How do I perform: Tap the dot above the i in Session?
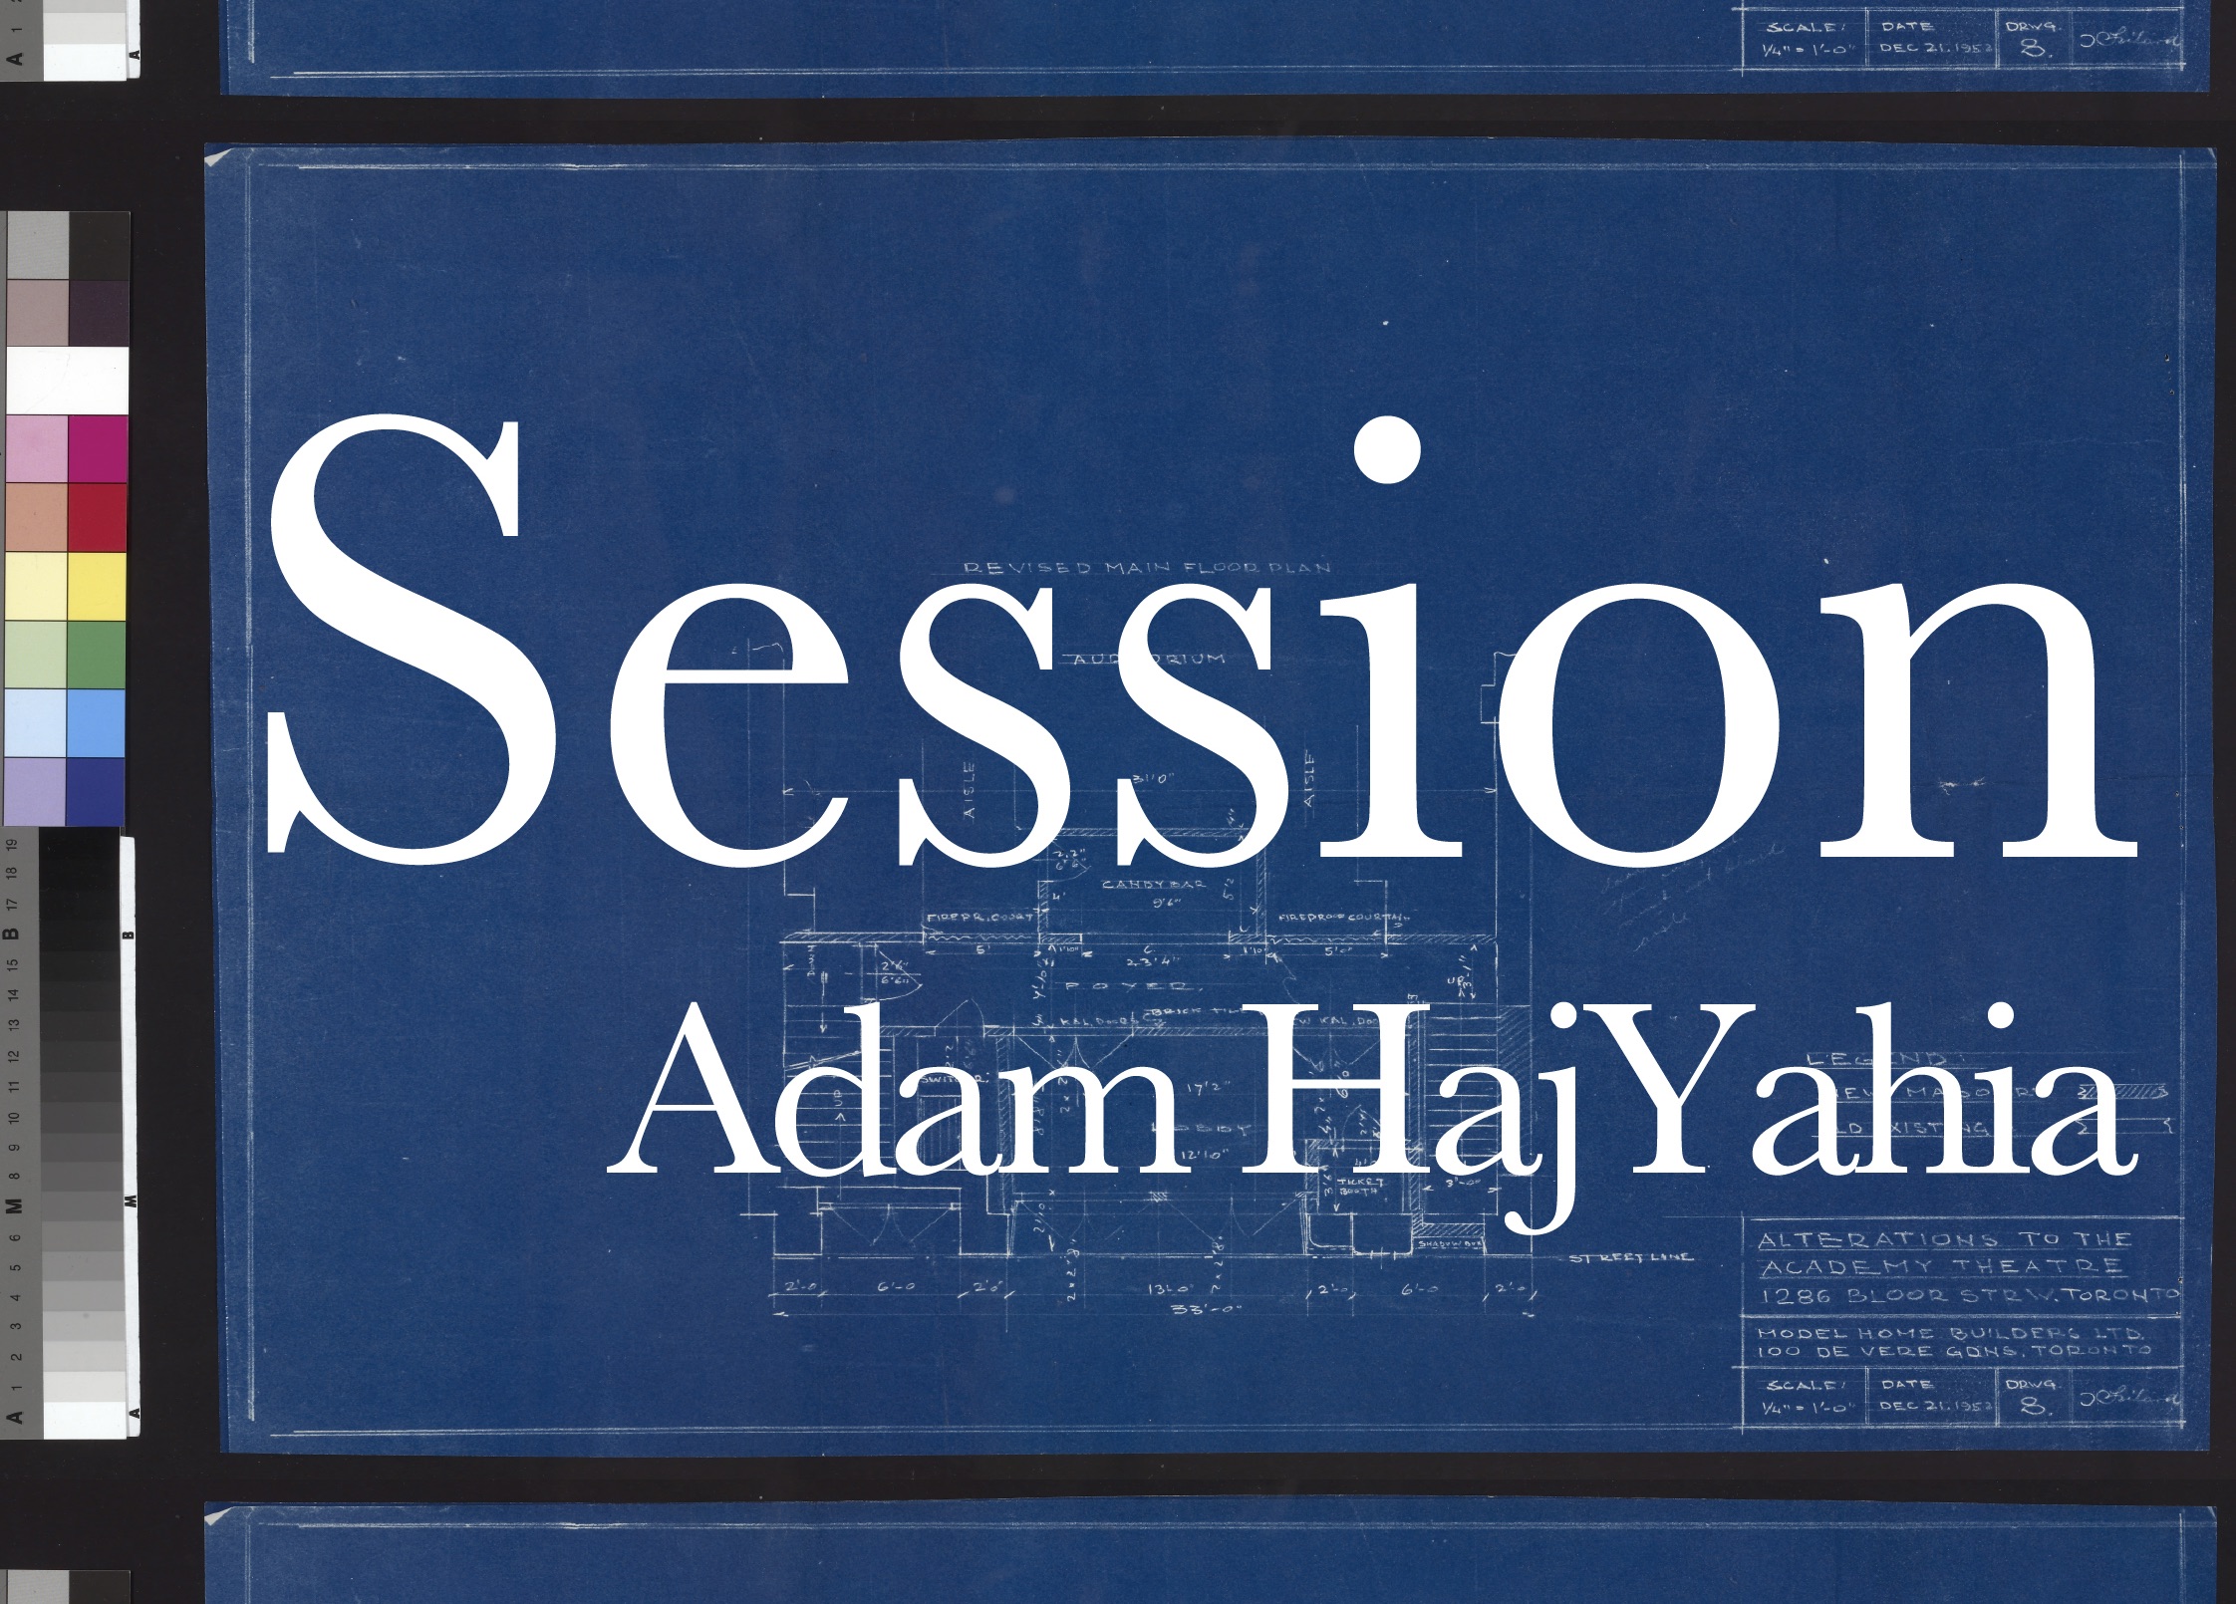(x=1387, y=449)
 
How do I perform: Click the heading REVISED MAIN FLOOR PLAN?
(x=1146, y=568)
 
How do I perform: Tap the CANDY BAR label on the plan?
(x=1153, y=884)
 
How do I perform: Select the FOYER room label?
(x=1126, y=986)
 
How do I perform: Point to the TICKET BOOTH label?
(x=1359, y=1186)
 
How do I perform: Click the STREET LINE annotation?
(x=1630, y=1257)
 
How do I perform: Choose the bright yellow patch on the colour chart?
(x=97, y=586)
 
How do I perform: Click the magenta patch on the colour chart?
(x=97, y=449)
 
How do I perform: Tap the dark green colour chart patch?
(x=97, y=655)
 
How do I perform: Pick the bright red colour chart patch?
(x=97, y=517)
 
